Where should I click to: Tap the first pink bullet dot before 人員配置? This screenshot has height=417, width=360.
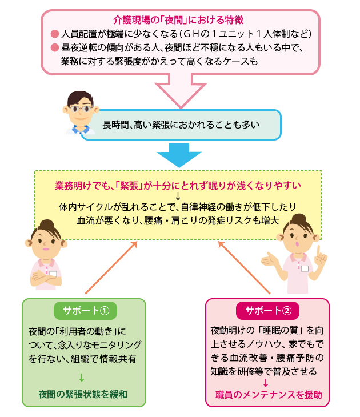(55, 33)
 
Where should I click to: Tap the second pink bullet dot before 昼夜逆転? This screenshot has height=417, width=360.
(55, 47)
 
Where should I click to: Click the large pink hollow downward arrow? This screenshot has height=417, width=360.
(181, 91)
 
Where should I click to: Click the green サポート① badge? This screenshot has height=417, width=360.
(85, 311)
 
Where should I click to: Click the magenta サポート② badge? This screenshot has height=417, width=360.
(267, 311)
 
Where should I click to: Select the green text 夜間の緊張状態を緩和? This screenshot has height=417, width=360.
(83, 394)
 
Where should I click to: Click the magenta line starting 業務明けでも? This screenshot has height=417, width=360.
(178, 186)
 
